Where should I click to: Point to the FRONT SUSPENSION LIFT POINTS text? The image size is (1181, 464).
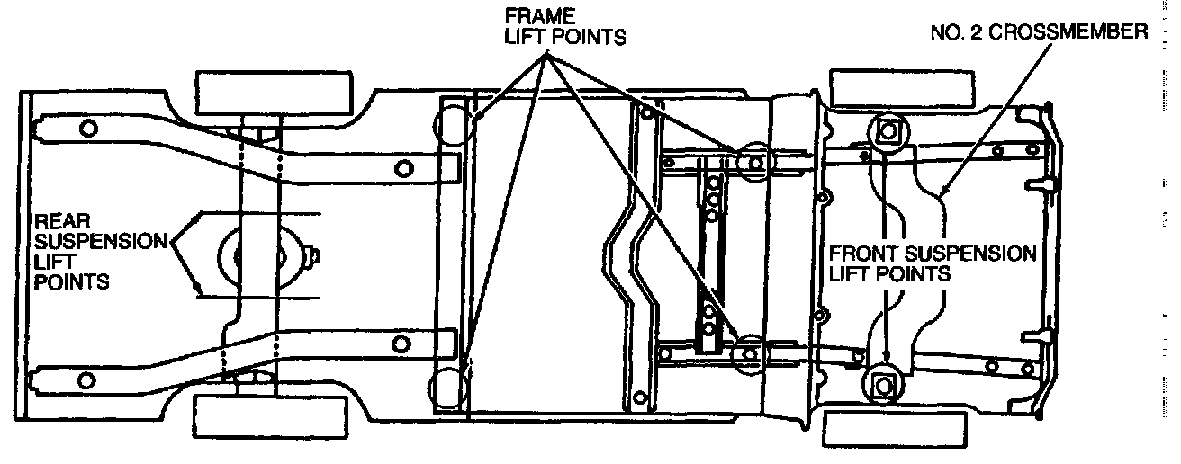pyautogui.click(x=932, y=263)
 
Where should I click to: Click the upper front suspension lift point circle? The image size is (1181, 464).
pyautogui.click(x=888, y=132)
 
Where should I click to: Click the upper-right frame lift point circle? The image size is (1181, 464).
pyautogui.click(x=753, y=163)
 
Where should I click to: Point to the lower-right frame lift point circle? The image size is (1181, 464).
pyautogui.click(x=749, y=352)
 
